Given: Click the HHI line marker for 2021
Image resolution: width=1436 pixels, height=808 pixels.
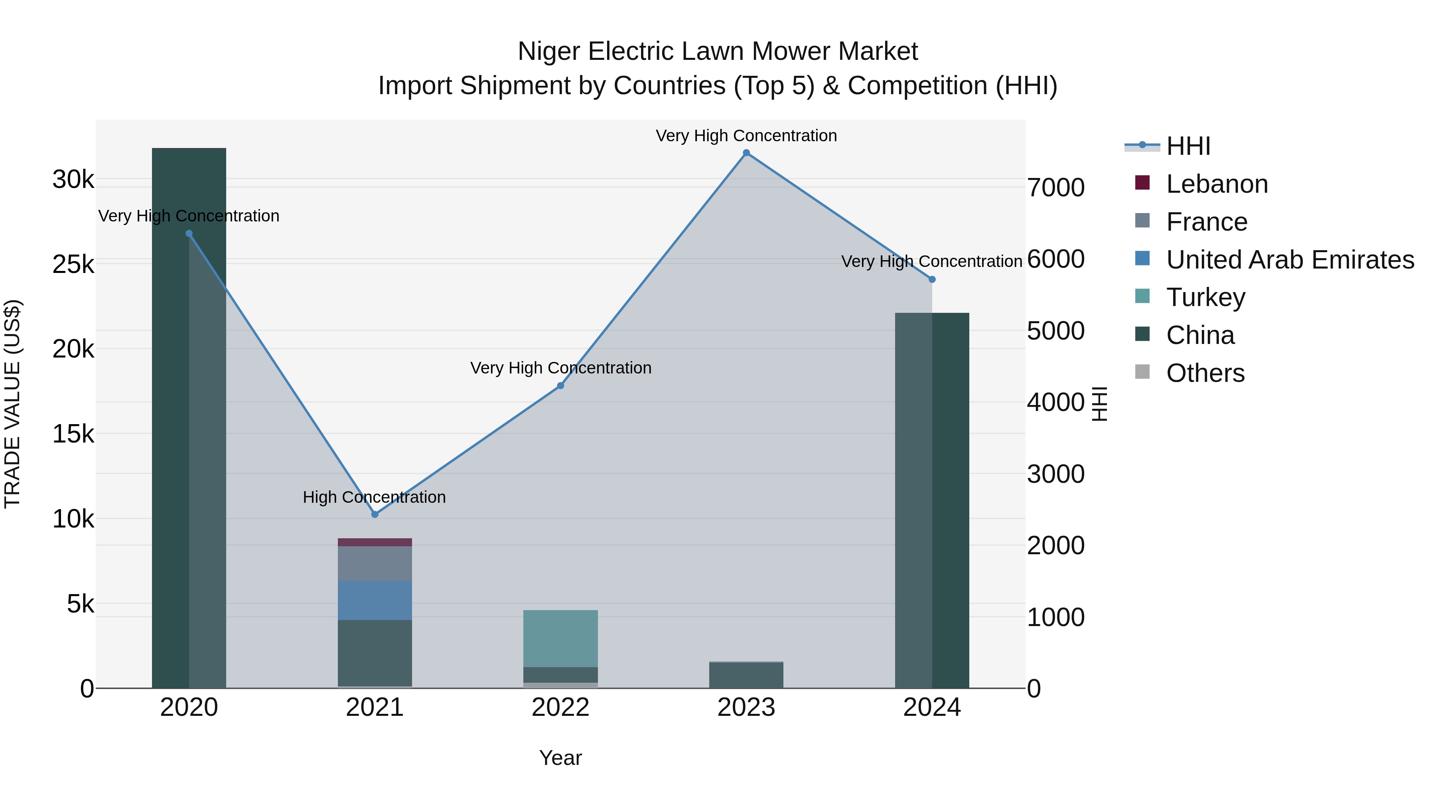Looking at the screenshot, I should pos(375,514).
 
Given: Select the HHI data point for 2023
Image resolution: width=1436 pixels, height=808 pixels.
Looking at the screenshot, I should pos(746,153).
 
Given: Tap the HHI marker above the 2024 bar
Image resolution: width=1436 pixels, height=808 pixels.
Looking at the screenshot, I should pos(932,279).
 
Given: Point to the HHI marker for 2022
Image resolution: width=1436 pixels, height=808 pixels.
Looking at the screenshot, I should pos(561,386).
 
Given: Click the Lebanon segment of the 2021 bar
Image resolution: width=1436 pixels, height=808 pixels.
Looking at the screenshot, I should pos(375,542).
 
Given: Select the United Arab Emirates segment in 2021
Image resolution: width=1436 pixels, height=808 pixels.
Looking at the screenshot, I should pos(375,600).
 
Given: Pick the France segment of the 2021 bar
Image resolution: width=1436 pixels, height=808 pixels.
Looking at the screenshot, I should pos(375,563).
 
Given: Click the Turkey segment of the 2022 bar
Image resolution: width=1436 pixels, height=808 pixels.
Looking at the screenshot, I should pos(561,638).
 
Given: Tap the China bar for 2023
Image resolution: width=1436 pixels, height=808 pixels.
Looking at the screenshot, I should pos(746,675).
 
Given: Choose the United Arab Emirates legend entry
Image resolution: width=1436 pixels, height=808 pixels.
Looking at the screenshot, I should pos(1290,260).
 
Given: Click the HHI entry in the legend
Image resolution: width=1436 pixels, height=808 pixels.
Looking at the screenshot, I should pos(1188,146).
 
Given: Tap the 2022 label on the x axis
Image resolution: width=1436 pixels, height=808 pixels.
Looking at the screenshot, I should pos(561,707).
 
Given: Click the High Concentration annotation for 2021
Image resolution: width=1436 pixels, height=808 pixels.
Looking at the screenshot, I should pos(374,497).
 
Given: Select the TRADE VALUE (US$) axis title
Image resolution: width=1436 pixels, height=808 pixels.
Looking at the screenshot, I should pos(12,404).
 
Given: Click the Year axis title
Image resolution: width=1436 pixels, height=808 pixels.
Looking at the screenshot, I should pos(560,758).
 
